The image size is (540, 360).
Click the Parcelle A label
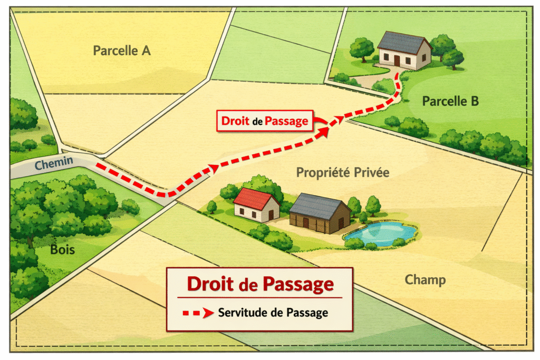pyautogui.click(x=122, y=51)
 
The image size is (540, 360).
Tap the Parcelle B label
pyautogui.click(x=450, y=101)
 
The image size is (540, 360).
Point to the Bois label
pyautogui.click(x=62, y=249)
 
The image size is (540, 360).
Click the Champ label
pyautogui.click(x=425, y=279)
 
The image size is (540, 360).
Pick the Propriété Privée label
pyautogui.click(x=342, y=172)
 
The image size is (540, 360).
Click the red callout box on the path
pyautogui.click(x=265, y=121)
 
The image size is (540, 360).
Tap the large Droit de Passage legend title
pyautogui.click(x=261, y=285)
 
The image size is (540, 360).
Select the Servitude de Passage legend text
pyautogui.click(x=273, y=313)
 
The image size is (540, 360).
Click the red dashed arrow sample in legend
pyautogui.click(x=197, y=313)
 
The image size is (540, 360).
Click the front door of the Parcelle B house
pyautogui.click(x=397, y=60)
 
